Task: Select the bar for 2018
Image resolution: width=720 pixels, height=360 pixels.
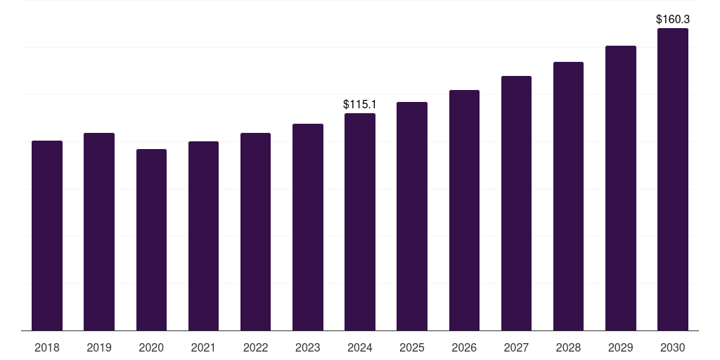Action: tap(47, 236)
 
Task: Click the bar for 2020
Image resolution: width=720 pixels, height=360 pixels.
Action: tap(151, 240)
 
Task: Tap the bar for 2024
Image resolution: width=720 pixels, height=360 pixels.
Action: tap(360, 221)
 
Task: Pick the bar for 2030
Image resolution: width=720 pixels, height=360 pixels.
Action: tap(673, 179)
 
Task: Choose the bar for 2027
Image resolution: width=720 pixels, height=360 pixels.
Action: tap(516, 203)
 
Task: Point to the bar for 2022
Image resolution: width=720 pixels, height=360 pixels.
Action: tap(255, 231)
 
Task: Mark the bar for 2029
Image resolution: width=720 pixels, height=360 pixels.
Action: tap(621, 188)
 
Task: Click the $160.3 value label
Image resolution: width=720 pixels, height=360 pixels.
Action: tap(673, 20)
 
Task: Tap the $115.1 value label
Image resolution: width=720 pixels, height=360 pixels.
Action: tap(360, 104)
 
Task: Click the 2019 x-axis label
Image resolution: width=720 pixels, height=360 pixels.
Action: tap(99, 347)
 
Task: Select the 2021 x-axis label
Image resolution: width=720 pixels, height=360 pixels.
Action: tap(203, 347)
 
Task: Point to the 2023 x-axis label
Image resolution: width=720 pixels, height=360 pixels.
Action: tap(308, 347)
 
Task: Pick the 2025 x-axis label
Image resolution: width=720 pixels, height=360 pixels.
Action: tap(412, 347)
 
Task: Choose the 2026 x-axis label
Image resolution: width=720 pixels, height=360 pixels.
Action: tap(464, 347)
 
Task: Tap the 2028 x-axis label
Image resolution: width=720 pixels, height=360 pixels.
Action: tap(568, 347)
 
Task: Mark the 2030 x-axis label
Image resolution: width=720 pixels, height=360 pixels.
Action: tap(673, 347)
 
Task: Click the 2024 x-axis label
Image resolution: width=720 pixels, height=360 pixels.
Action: tap(360, 347)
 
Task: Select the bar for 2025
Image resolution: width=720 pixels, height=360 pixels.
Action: tap(412, 216)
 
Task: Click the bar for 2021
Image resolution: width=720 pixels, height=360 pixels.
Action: tap(203, 236)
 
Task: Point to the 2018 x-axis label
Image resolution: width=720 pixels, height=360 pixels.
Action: tap(47, 347)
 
